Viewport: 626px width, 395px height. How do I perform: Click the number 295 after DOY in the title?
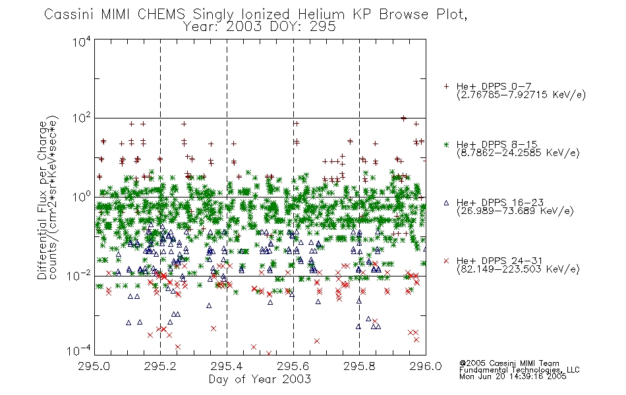(323, 27)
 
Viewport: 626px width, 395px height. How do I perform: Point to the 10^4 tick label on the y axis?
(82, 42)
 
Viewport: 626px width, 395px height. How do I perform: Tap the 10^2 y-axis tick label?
(82, 118)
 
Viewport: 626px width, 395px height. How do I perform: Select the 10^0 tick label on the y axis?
(82, 197)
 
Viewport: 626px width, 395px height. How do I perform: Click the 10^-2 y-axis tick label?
(79, 276)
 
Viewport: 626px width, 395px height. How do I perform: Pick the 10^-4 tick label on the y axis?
(79, 351)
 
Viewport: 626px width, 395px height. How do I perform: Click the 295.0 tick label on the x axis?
(94, 366)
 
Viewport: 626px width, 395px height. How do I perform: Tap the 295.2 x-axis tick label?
(161, 366)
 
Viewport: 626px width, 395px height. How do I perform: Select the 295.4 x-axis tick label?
(227, 366)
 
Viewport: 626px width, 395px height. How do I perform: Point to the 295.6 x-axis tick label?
(293, 366)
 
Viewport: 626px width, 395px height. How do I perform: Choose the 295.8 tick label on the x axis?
(359, 366)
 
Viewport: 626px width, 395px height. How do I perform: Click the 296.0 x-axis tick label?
(426, 366)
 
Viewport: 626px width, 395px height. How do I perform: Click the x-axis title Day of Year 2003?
(260, 379)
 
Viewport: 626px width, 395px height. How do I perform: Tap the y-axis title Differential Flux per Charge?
(43, 200)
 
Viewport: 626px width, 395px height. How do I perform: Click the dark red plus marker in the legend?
(446, 86)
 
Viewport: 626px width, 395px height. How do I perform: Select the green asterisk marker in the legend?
(446, 144)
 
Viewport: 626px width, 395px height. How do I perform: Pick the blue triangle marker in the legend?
(446, 203)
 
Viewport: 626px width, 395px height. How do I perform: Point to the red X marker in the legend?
(446, 261)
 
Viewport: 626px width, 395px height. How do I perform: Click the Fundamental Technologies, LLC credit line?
(519, 370)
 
